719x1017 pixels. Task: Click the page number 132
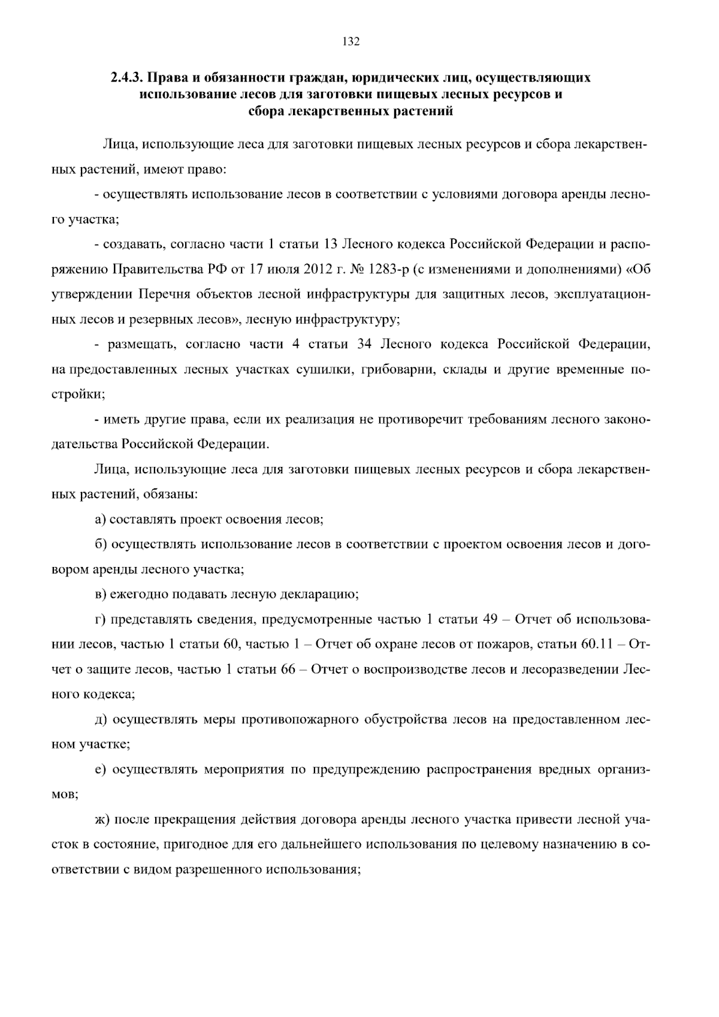(x=351, y=41)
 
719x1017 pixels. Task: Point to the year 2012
(x=318, y=269)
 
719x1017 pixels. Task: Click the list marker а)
(x=100, y=520)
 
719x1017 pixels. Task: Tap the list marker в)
(x=100, y=594)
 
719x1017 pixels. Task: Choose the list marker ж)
(x=102, y=819)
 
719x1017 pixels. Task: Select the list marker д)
(x=101, y=719)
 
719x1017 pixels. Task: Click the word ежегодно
(x=140, y=594)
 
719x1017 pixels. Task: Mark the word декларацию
(x=323, y=594)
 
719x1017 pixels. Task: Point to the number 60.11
(x=594, y=644)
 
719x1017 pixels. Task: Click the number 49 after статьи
(x=491, y=619)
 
